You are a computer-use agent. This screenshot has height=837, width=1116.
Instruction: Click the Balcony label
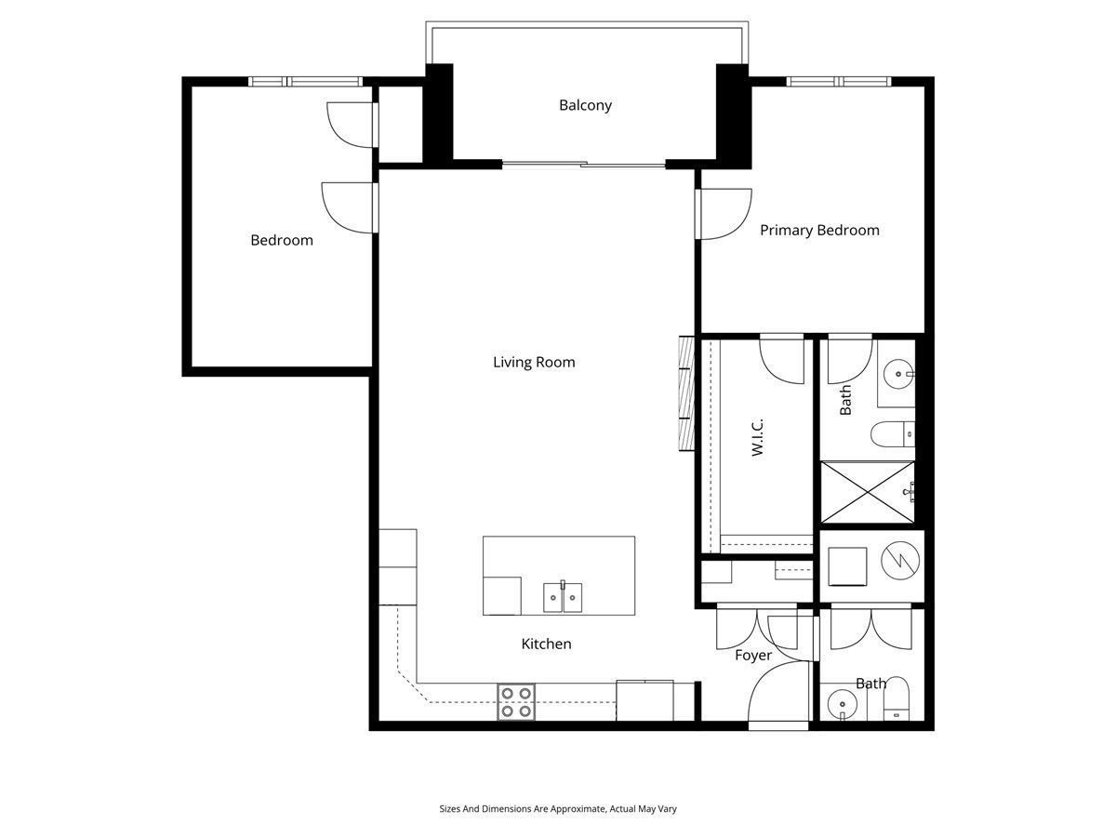(585, 105)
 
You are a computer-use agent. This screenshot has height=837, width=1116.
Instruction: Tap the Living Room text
(534, 362)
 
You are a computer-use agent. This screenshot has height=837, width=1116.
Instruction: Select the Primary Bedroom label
(819, 231)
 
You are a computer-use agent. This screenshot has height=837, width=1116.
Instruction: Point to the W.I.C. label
(757, 437)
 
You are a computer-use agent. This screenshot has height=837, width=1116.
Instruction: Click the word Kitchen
(546, 644)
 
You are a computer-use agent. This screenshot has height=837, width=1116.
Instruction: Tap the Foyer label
(753, 656)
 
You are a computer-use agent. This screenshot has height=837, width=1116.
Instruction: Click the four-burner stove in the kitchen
(515, 702)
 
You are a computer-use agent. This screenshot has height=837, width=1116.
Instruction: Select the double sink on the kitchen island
(563, 597)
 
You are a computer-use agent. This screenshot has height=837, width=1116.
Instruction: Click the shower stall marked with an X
(868, 492)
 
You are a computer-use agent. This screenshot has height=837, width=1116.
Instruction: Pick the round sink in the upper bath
(899, 375)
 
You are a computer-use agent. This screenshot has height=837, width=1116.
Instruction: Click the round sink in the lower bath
(842, 704)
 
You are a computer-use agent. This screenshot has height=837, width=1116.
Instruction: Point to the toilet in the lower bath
(896, 698)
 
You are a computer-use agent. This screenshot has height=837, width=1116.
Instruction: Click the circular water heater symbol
(900, 561)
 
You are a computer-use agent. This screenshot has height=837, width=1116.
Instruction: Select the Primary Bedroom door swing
(724, 214)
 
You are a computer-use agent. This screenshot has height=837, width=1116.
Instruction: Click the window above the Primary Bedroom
(839, 81)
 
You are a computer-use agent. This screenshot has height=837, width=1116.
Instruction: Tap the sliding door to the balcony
(584, 164)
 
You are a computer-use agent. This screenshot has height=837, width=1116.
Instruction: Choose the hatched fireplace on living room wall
(686, 392)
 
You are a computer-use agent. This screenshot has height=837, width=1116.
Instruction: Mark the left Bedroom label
(282, 240)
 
